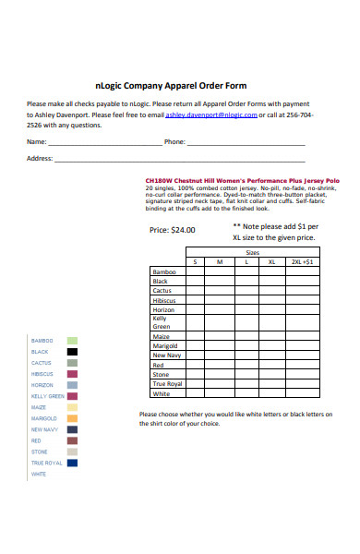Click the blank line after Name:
tap(104, 144)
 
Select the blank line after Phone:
tap(246, 144)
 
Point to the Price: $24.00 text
tap(172, 230)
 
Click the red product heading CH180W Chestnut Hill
tap(243, 180)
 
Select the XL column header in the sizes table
tap(271, 262)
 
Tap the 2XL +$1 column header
tap(302, 262)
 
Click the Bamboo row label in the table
tap(163, 272)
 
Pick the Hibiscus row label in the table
tap(163, 300)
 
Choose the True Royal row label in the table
tap(167, 383)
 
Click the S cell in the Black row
tap(195, 282)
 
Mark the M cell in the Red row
tap(220, 365)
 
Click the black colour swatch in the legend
tap(71, 352)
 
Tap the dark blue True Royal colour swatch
tap(71, 463)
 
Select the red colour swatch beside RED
tap(71, 440)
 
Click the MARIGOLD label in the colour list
tap(44, 418)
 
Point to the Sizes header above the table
tap(252, 252)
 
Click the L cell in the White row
tap(246, 393)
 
